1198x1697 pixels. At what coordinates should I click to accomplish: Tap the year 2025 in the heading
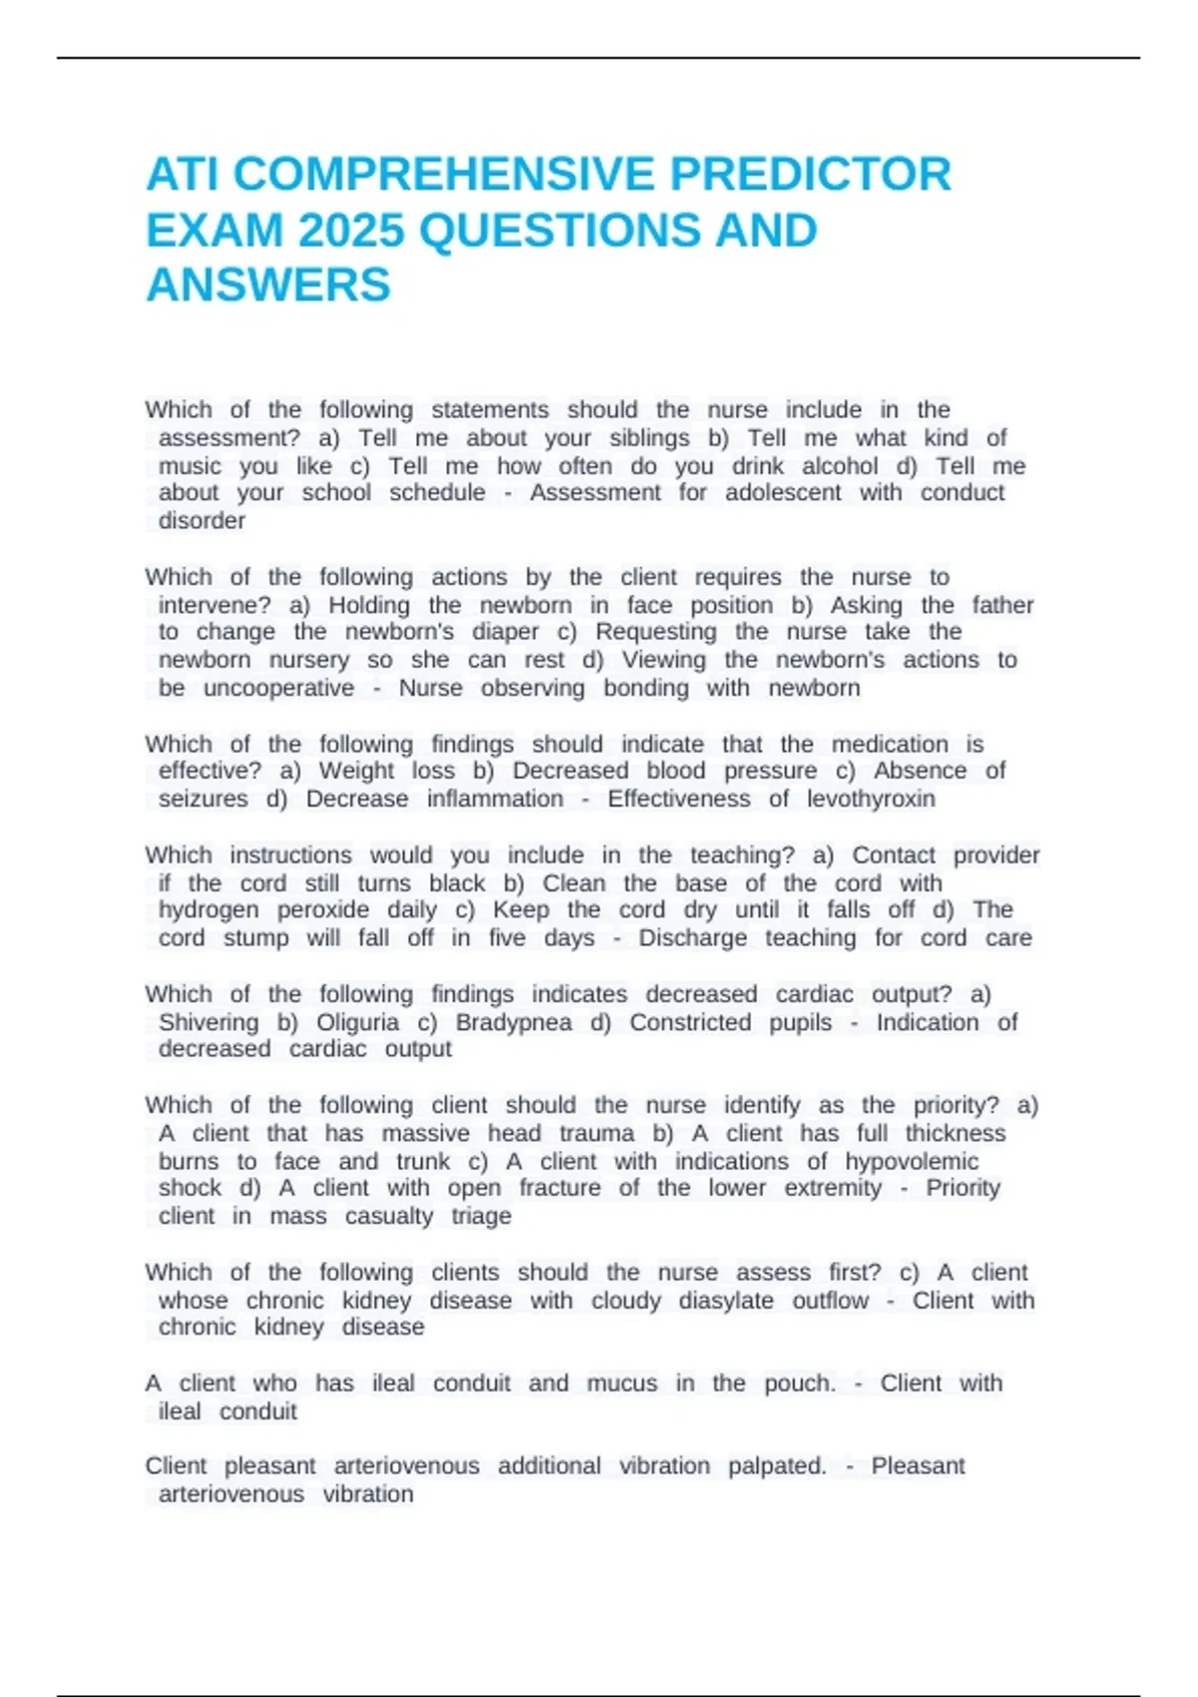(x=350, y=231)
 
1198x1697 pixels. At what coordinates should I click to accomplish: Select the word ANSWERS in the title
(x=269, y=285)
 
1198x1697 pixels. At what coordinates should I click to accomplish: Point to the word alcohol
(x=840, y=466)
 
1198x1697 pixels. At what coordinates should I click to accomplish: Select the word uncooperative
(x=279, y=688)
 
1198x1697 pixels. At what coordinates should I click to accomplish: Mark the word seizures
(x=203, y=799)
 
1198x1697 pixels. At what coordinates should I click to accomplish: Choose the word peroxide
(x=322, y=910)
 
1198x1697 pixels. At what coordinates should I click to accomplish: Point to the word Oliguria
(x=357, y=1022)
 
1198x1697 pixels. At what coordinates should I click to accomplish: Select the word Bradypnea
(x=513, y=1022)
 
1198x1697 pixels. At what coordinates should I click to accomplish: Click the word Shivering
(x=208, y=1022)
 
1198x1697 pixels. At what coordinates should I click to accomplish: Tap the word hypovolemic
(x=911, y=1161)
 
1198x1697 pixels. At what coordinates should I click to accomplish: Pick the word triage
(x=481, y=1216)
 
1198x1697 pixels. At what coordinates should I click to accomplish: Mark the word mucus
(x=622, y=1384)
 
